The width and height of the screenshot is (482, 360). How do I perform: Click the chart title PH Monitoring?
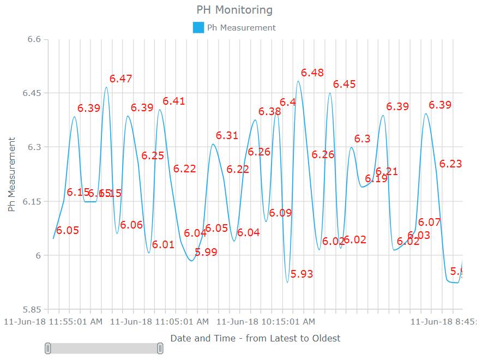pyautogui.click(x=234, y=10)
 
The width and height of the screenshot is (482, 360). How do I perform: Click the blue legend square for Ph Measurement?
pyautogui.click(x=198, y=27)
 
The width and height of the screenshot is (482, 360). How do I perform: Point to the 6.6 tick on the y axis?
pyautogui.click(x=34, y=39)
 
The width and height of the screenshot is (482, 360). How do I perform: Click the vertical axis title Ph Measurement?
pyautogui.click(x=11, y=175)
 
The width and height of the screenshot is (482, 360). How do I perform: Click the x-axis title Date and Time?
pyautogui.click(x=255, y=338)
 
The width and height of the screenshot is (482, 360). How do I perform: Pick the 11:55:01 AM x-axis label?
pyautogui.click(x=53, y=322)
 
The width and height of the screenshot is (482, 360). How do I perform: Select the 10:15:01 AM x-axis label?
pyautogui.click(x=266, y=322)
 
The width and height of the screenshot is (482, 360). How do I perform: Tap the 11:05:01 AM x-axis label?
pyautogui.click(x=159, y=322)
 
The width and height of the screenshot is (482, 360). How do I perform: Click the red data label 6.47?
pyautogui.click(x=120, y=79)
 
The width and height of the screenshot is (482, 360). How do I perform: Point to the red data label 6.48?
pyautogui.click(x=312, y=73)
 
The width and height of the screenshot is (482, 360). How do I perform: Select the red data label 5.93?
pyautogui.click(x=302, y=274)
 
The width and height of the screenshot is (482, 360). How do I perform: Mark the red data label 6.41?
pyautogui.click(x=174, y=101)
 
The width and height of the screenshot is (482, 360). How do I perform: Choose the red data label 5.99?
pyautogui.click(x=206, y=252)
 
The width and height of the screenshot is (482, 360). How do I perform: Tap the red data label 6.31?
pyautogui.click(x=227, y=135)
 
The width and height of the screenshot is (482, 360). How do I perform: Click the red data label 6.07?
pyautogui.click(x=429, y=222)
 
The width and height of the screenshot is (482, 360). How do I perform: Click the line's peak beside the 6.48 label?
pyautogui.click(x=298, y=81)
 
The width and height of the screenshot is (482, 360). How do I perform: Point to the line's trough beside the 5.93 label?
pyautogui.click(x=287, y=282)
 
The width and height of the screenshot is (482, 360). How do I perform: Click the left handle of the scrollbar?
pyautogui.click(x=48, y=349)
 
